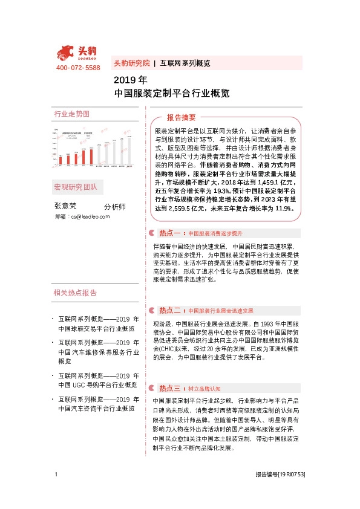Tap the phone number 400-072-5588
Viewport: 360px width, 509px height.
[x=78, y=68]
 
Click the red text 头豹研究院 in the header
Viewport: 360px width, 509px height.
[x=131, y=63]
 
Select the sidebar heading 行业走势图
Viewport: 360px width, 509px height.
[x=71, y=114]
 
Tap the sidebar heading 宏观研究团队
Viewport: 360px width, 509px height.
[x=75, y=186]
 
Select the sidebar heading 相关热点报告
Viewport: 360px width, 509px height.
[x=75, y=293]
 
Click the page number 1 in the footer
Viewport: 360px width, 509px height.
[x=56, y=491]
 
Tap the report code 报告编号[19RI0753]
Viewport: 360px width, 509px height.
[x=280, y=491]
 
